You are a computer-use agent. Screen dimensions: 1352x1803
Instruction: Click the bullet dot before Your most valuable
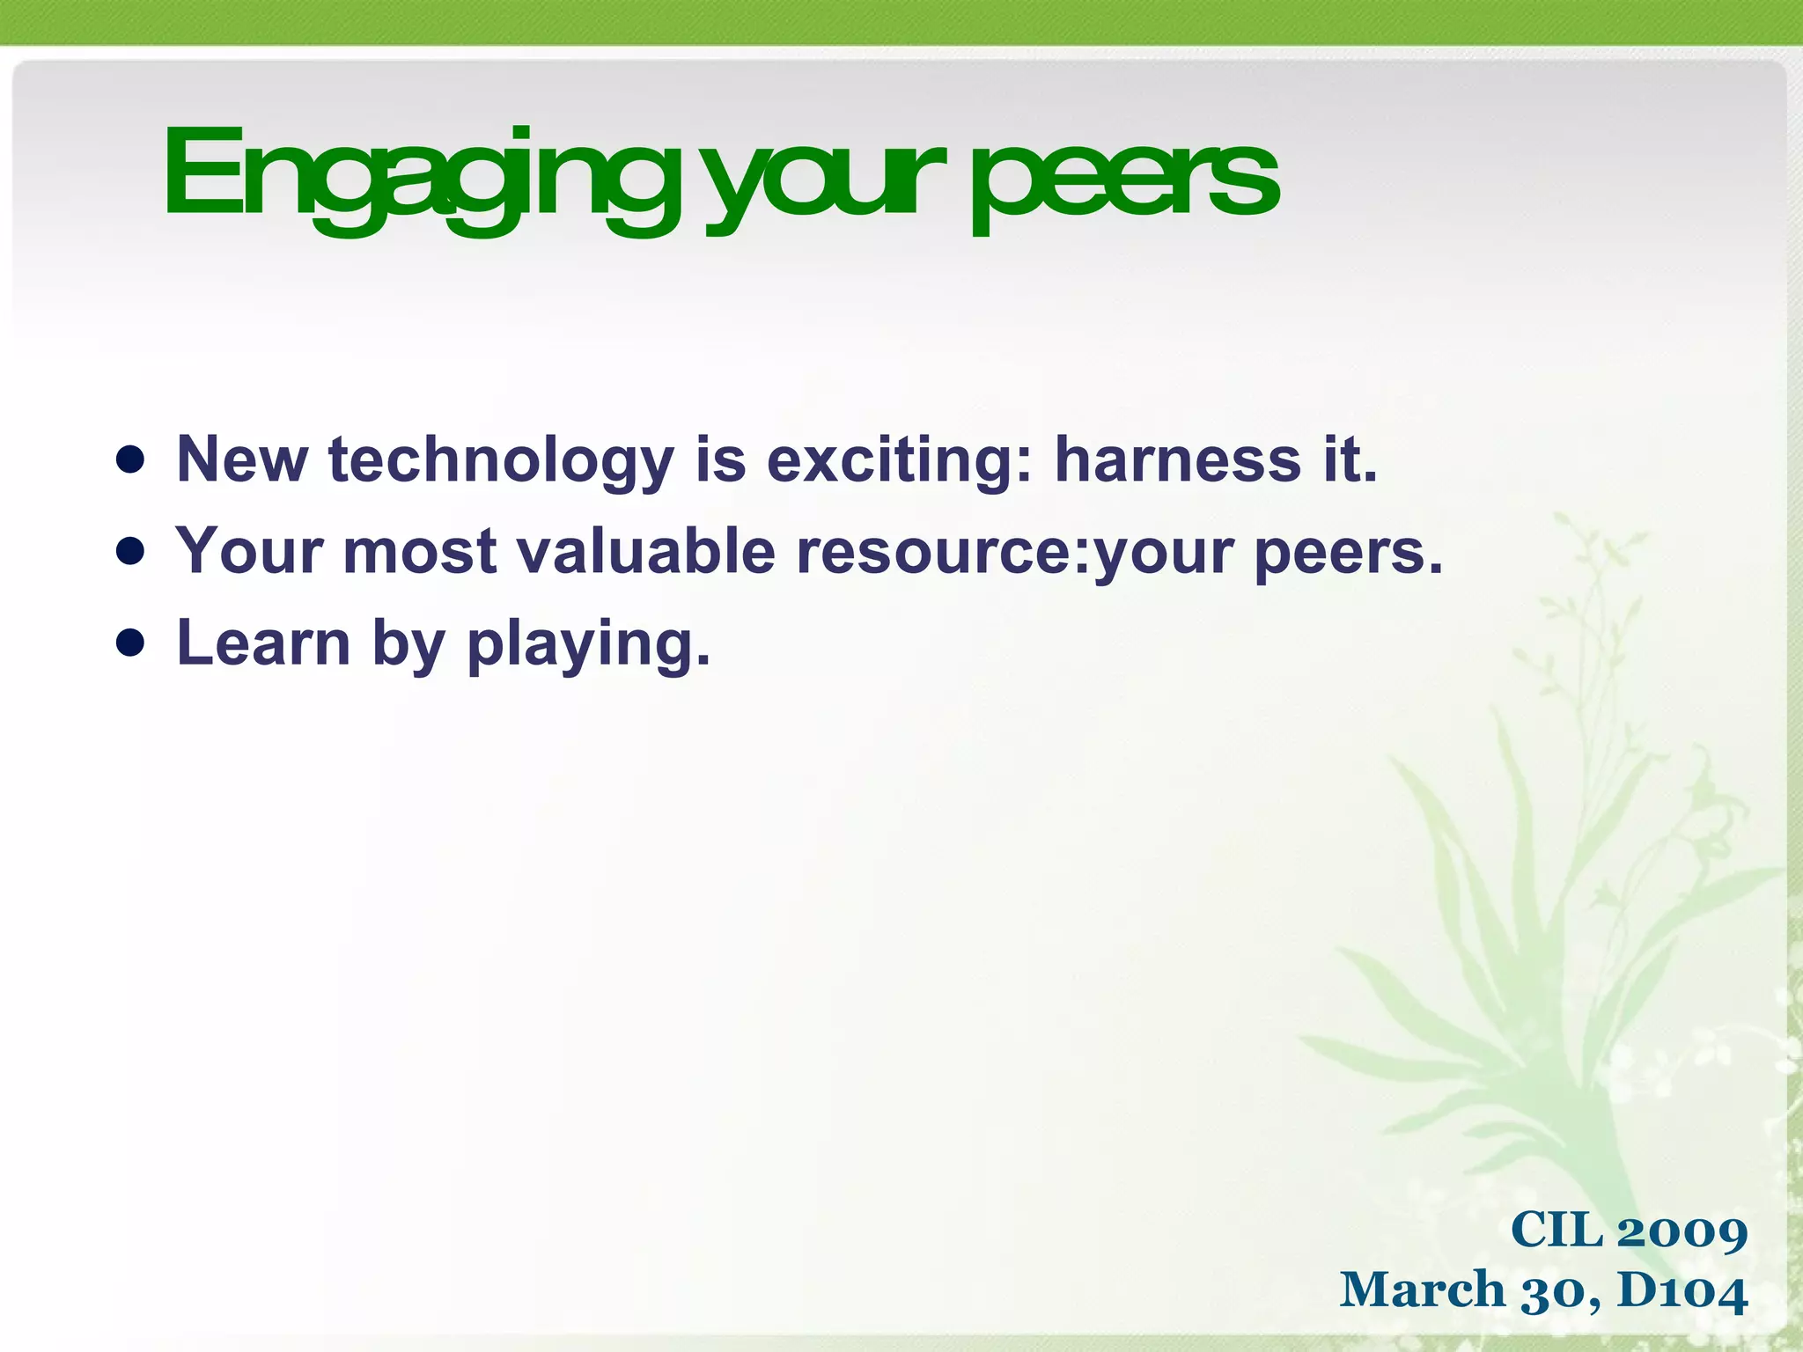click(130, 552)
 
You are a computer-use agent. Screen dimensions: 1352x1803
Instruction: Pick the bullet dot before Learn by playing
click(130, 643)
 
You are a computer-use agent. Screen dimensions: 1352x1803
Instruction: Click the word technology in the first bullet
click(501, 461)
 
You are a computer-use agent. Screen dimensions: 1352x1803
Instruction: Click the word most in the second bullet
click(420, 552)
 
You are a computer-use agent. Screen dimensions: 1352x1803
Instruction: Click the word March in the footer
click(1422, 1290)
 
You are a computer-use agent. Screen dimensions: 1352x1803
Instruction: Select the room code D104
click(1682, 1290)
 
